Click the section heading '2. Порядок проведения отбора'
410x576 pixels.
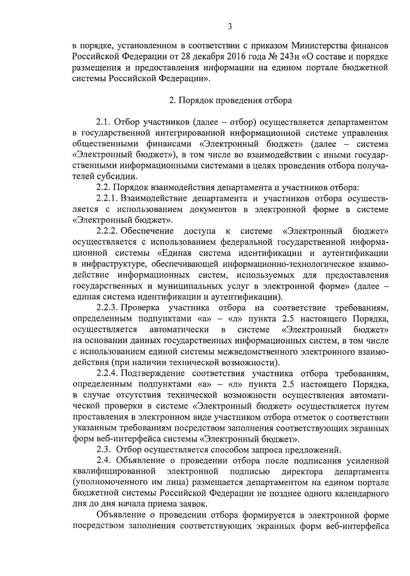click(x=231, y=101)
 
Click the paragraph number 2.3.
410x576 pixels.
click(x=103, y=449)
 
